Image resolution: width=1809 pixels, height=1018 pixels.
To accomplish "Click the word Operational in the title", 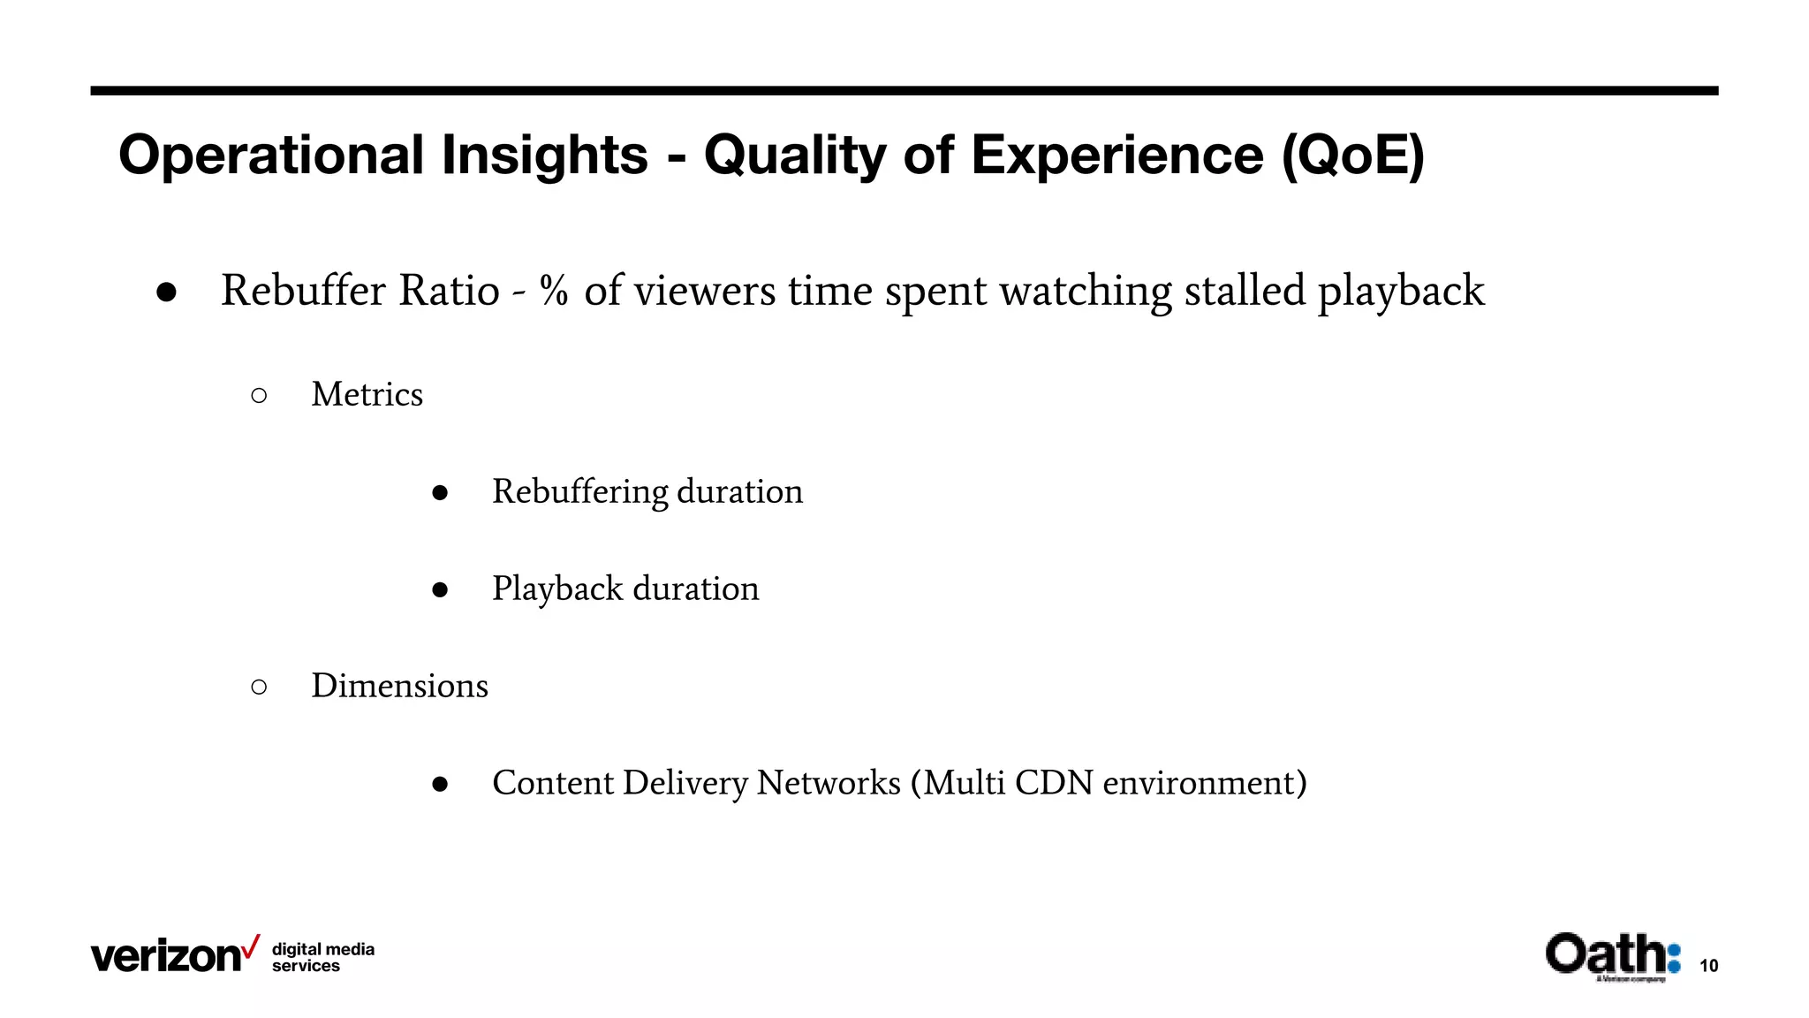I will (x=272, y=156).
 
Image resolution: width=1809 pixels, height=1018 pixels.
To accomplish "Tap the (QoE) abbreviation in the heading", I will (x=1352, y=156).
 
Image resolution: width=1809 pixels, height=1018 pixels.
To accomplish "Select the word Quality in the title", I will (x=795, y=156).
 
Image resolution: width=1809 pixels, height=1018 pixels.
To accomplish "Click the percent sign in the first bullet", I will (x=554, y=291).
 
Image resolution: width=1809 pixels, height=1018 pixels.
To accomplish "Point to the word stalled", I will (x=1245, y=291).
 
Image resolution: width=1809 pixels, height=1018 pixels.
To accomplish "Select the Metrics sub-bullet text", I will (x=367, y=394).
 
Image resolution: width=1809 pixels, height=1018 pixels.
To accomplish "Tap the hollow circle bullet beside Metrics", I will (x=259, y=396).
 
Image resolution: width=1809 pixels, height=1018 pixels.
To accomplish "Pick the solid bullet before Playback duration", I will (x=440, y=590).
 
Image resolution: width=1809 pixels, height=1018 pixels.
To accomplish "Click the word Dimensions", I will (x=399, y=686).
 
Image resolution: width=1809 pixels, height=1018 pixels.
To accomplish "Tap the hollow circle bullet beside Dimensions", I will (x=259, y=688).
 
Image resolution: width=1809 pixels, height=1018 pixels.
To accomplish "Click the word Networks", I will (x=829, y=783).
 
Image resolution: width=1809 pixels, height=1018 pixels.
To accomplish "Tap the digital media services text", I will (x=322, y=957).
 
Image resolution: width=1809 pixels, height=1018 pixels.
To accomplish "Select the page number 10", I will (x=1708, y=966).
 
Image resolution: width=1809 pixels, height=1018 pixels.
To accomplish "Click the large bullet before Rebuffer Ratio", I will (x=166, y=293).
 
